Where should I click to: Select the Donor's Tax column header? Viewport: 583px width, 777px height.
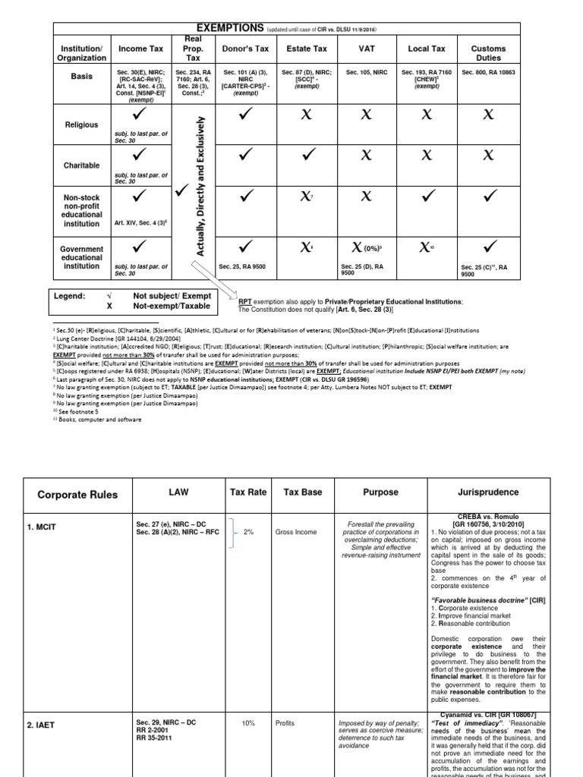245,49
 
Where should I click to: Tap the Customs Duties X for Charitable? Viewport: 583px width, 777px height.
488,155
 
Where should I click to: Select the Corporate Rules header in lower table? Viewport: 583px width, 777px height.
78,494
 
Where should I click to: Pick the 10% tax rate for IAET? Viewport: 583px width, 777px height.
248,723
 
